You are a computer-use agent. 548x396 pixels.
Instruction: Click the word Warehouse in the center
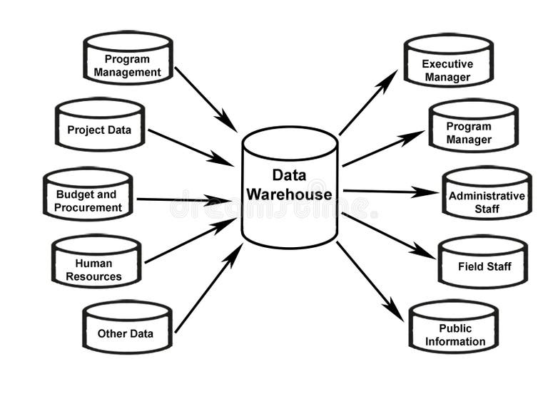pyautogui.click(x=289, y=194)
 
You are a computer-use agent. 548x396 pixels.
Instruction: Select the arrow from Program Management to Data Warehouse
pyautogui.click(x=205, y=99)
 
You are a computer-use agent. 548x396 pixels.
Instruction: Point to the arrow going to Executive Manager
pyautogui.click(x=368, y=102)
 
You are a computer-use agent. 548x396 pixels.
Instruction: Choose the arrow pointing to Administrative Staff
pyautogui.click(x=390, y=191)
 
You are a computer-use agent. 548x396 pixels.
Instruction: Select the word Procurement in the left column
pyautogui.click(x=88, y=208)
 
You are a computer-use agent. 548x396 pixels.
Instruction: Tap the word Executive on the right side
pyautogui.click(x=447, y=63)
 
